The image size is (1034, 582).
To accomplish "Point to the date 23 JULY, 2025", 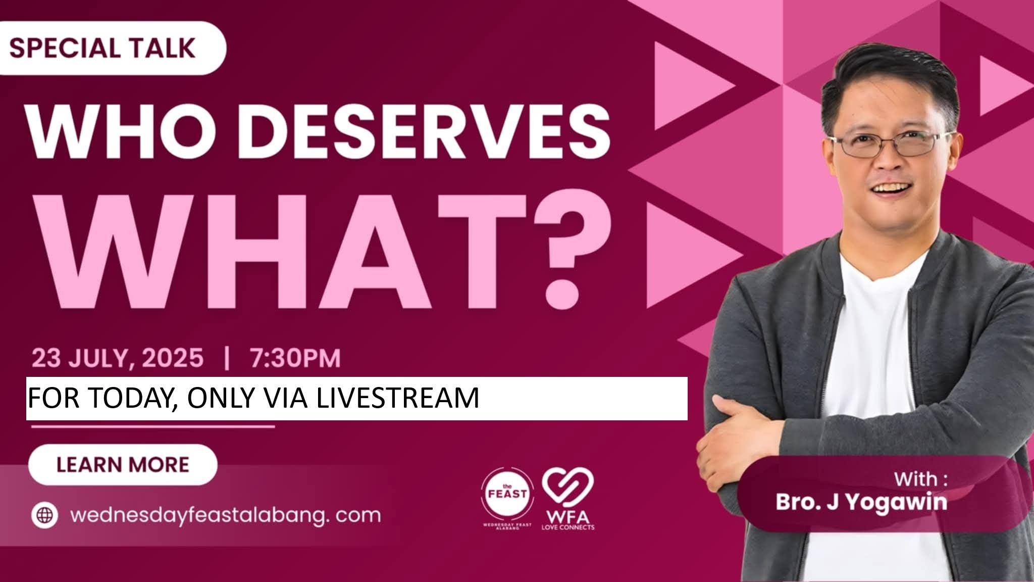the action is coord(118,358).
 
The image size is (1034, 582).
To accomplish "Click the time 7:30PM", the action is coord(295,358).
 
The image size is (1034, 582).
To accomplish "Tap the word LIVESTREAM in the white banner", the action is coord(398,398).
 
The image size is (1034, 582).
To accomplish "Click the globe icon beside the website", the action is coord(45,515).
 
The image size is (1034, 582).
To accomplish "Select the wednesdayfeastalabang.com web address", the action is coord(225,516).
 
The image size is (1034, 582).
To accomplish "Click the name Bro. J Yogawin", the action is coord(861,503).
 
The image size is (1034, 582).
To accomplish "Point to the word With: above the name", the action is coord(921,479).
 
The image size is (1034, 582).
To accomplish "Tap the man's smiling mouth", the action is coord(893,187).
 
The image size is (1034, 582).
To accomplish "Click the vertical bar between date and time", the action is coord(227,358).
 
